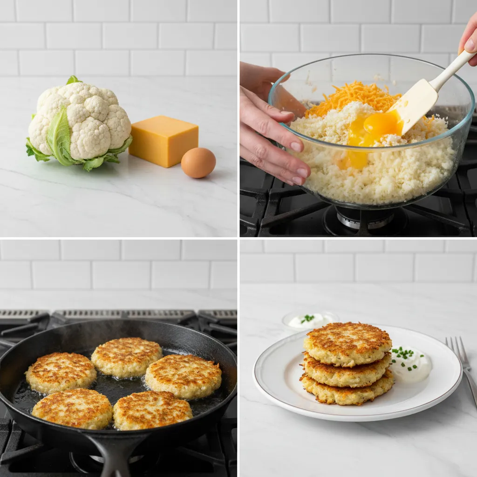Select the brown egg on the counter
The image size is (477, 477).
point(198,163)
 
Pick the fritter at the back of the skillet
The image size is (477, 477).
point(126,357)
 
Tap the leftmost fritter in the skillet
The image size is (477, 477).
point(61,373)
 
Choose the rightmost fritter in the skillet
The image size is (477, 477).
point(184,376)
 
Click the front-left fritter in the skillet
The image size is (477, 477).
point(72,409)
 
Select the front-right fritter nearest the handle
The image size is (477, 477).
point(152,410)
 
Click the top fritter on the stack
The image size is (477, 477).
point(348,342)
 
